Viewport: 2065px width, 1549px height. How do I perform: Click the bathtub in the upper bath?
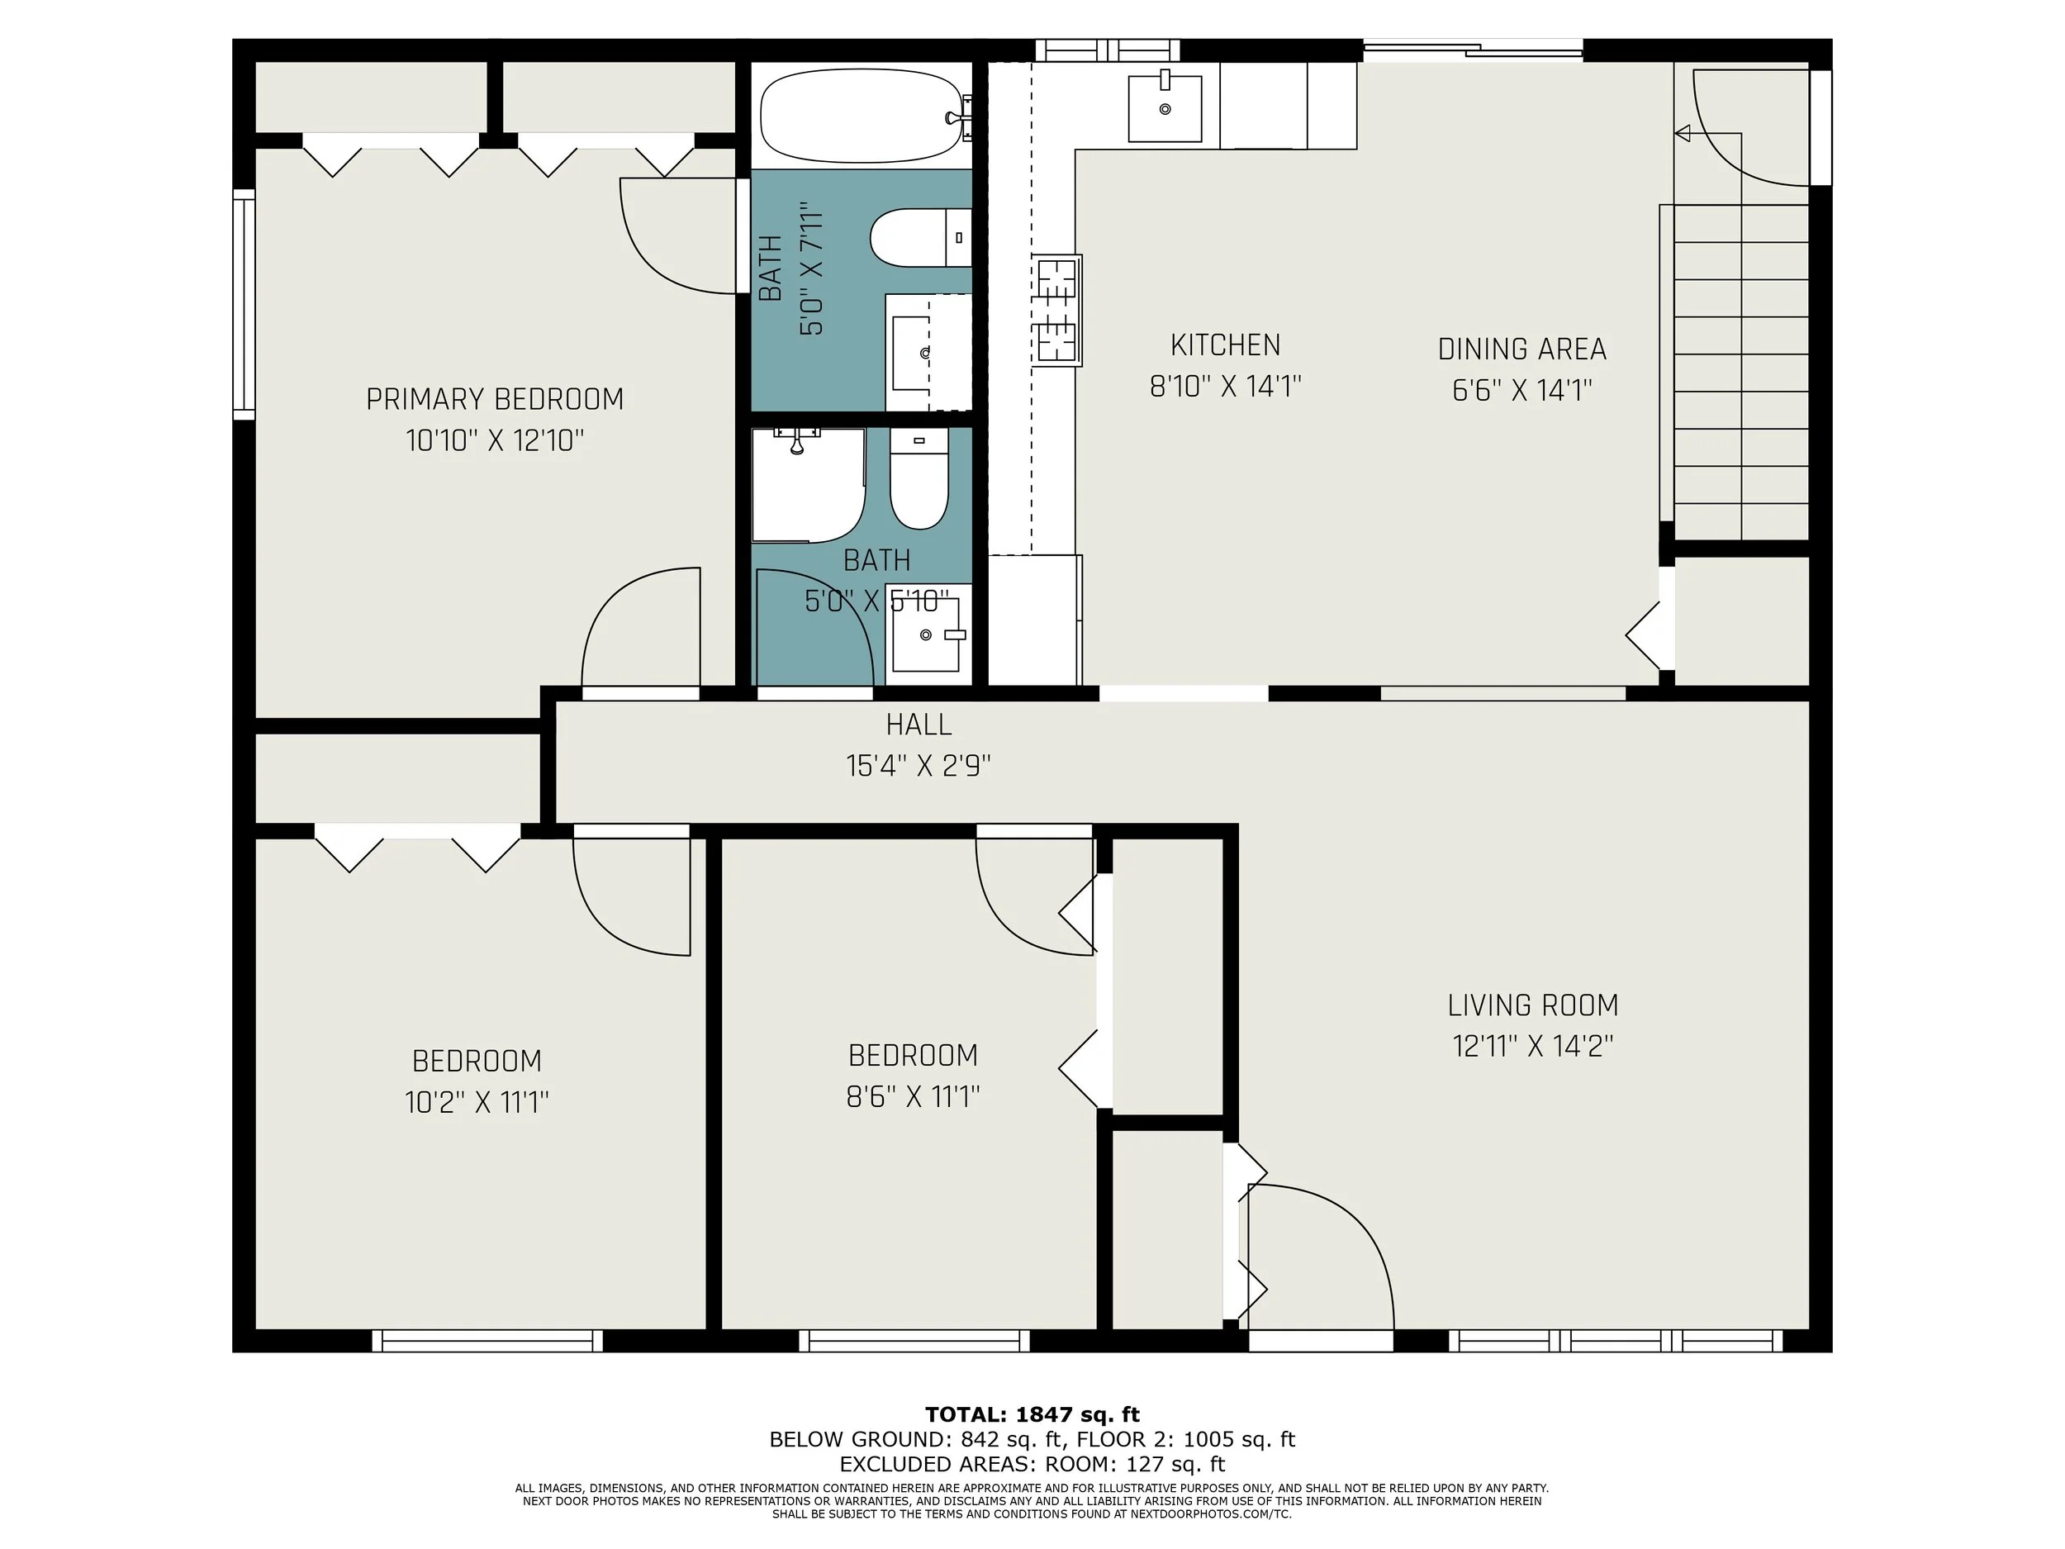(x=860, y=119)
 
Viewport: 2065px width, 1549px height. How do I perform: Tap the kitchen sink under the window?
(x=1164, y=109)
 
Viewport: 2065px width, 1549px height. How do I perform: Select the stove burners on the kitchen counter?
(x=1056, y=310)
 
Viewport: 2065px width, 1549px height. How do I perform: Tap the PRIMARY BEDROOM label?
(x=495, y=400)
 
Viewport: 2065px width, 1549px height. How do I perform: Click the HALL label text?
(x=919, y=725)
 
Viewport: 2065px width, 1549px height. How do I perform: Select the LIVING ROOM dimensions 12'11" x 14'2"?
(x=1533, y=1046)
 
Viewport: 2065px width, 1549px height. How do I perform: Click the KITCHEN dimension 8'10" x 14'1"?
(x=1225, y=386)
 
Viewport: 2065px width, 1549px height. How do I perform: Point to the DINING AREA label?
(x=1521, y=349)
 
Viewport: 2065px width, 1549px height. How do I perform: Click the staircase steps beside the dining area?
(x=1741, y=373)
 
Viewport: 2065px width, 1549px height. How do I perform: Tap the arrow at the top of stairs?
(x=1683, y=134)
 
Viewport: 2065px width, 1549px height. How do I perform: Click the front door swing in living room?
(x=1321, y=1251)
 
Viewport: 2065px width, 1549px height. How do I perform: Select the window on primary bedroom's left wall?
(x=244, y=303)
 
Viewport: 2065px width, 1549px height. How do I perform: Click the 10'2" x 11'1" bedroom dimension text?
(x=476, y=1103)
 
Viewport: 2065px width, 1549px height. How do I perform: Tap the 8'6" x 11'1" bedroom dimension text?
(x=912, y=1096)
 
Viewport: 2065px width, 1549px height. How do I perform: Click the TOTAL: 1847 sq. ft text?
(x=1032, y=1414)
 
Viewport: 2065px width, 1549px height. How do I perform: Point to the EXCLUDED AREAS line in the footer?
(x=1032, y=1464)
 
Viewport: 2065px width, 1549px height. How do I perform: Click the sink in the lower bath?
(x=925, y=635)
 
